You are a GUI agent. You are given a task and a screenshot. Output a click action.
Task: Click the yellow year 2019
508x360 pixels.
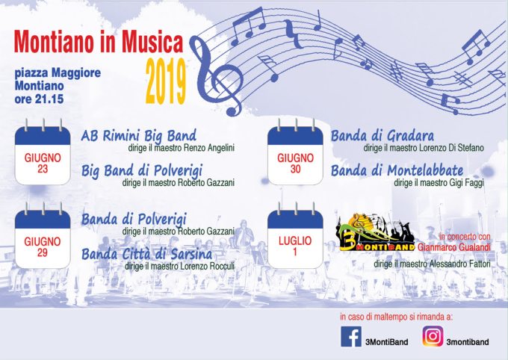(x=166, y=81)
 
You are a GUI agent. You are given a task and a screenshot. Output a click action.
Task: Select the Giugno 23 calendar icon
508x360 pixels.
(x=43, y=152)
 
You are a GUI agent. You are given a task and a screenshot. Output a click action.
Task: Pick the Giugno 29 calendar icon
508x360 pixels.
(x=43, y=235)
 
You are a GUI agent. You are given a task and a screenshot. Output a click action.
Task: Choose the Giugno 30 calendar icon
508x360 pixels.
(x=295, y=152)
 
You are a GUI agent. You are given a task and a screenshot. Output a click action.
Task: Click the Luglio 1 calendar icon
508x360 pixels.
(x=295, y=235)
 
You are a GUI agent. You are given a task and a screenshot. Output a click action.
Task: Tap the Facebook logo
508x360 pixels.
(x=351, y=337)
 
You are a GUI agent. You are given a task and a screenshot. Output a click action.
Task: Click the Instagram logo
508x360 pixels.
(x=433, y=336)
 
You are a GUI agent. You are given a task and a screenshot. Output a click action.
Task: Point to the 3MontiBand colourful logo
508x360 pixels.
(x=376, y=232)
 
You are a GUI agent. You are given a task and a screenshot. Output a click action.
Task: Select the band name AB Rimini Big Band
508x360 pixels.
(x=139, y=136)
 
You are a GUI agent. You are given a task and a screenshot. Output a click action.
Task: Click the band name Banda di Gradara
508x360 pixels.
(x=382, y=136)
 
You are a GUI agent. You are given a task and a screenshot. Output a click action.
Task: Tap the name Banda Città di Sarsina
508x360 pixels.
(x=146, y=254)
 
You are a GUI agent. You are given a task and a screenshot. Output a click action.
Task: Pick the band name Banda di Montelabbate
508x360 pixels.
(x=397, y=170)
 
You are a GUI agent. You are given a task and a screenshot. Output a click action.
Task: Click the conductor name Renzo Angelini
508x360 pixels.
(x=209, y=148)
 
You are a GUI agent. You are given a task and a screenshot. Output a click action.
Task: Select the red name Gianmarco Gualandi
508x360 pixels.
(x=454, y=247)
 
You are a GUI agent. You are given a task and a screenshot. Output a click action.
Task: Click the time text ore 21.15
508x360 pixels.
(x=39, y=99)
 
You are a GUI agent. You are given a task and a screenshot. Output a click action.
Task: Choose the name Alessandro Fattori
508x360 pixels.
(x=459, y=264)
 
